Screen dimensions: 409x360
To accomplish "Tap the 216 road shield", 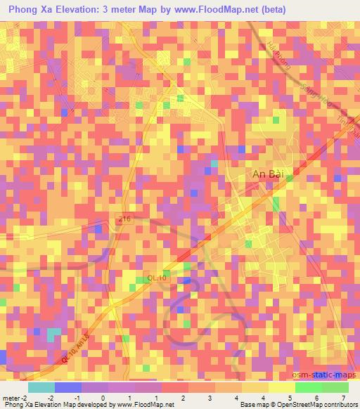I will click(x=125, y=220).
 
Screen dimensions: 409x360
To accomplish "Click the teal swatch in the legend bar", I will click(x=41, y=387).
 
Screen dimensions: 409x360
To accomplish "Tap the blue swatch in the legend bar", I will click(x=68, y=387).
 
